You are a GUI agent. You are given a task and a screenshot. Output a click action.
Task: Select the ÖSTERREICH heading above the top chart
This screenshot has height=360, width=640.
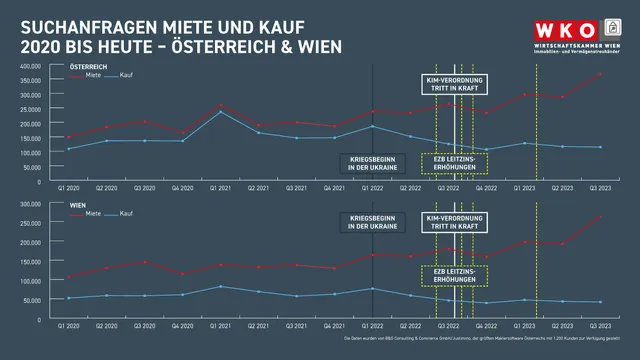88,66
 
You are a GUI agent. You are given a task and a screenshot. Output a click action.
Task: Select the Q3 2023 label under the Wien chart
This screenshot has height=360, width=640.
599,326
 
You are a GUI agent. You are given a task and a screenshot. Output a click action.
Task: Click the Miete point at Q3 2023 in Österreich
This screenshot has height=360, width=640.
599,74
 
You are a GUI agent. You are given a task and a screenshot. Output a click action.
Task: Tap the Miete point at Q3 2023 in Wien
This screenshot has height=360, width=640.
599,217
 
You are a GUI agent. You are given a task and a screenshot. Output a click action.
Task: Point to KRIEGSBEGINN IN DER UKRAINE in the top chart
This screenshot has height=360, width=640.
372,163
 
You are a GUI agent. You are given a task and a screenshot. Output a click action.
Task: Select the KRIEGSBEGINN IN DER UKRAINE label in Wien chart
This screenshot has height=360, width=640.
372,221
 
